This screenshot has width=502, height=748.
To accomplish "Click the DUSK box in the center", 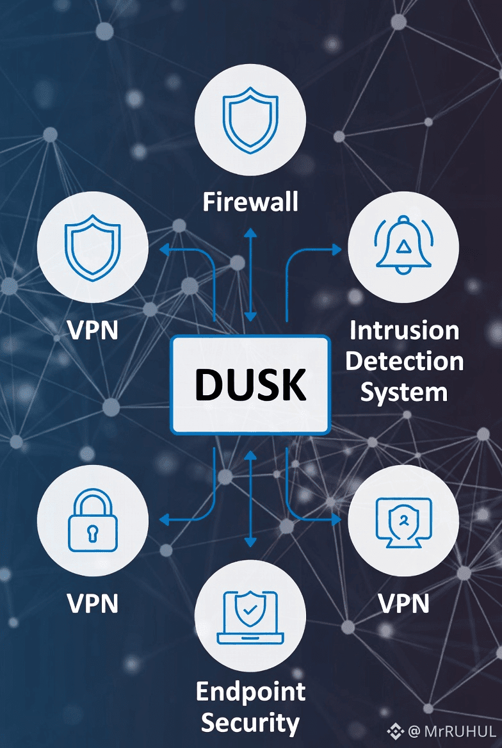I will point(250,385).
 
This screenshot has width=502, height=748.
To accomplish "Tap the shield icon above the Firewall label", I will point(250,120).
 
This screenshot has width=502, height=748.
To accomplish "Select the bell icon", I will point(403,246).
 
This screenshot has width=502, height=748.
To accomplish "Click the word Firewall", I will point(250,202).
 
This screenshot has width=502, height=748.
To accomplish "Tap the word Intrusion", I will point(404,331).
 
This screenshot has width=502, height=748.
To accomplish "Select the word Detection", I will point(404,361).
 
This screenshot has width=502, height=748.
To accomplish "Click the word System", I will point(403,391).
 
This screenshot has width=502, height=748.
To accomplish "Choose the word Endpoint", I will point(250,692).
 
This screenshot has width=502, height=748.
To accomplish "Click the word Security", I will point(250,722).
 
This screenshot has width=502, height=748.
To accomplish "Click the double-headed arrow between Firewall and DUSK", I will point(250,273).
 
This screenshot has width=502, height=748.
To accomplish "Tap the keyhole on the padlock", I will point(93,532).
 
